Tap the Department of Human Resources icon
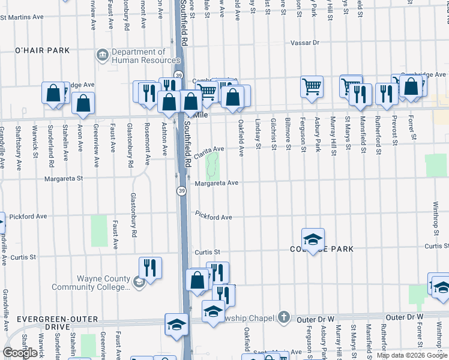click(103, 56)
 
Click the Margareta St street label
click(62, 179)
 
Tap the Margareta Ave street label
click(217, 183)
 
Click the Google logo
click(20, 353)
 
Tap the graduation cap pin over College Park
click(313, 239)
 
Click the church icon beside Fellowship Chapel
click(284, 317)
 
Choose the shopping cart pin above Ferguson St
click(312, 87)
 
